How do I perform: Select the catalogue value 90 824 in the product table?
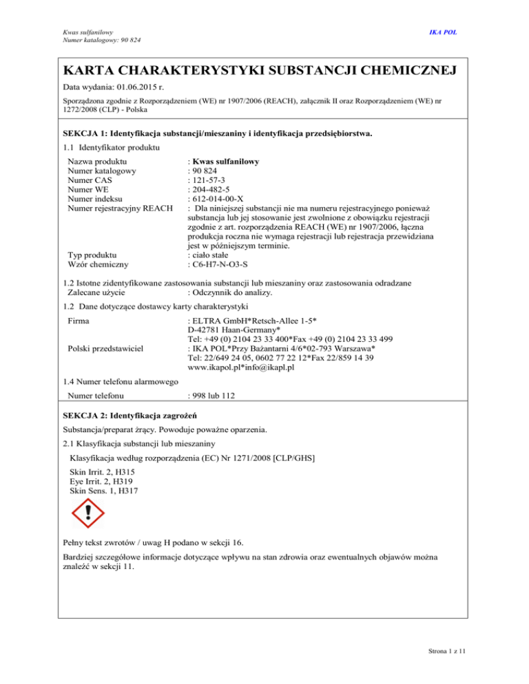[206, 171]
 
